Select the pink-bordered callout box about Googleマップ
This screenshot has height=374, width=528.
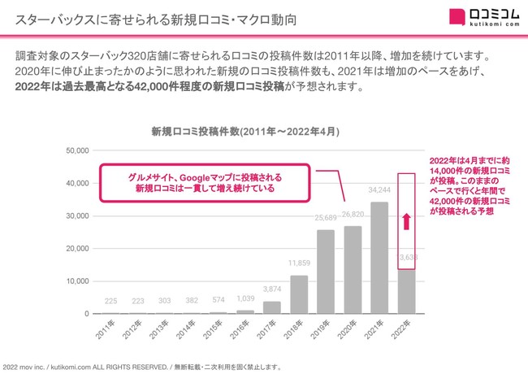coord(205,183)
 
